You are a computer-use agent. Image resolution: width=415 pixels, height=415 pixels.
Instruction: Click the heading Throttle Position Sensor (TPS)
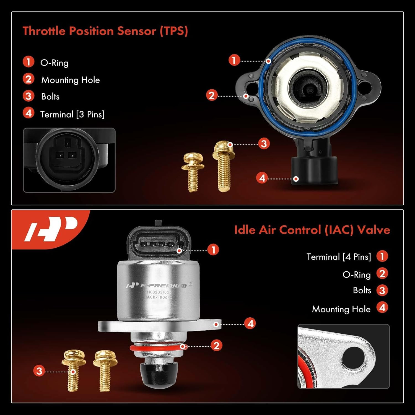pyautogui.click(x=105, y=31)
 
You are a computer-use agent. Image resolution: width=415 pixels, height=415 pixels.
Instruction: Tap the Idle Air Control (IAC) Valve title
pyautogui.click(x=312, y=230)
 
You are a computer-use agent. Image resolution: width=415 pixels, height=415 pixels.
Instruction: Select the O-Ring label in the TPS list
pyautogui.click(x=54, y=63)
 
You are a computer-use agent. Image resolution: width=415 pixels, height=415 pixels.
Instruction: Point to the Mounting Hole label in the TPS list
pyautogui.click(x=70, y=80)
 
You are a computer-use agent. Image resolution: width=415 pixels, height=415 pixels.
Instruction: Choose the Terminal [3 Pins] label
pyautogui.click(x=72, y=114)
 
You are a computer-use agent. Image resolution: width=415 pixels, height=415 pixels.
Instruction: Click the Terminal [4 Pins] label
pyautogui.click(x=339, y=257)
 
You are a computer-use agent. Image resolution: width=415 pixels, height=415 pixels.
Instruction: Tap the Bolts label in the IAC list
pyautogui.click(x=362, y=290)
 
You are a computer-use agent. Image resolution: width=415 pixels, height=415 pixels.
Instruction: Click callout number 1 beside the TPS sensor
pyautogui.click(x=234, y=60)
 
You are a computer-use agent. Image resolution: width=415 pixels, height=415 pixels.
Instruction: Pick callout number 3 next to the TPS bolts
pyautogui.click(x=264, y=144)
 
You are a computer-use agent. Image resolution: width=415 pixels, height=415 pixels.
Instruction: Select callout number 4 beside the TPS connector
pyautogui.click(x=262, y=178)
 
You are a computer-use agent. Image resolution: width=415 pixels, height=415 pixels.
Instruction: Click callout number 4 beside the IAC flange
pyautogui.click(x=250, y=323)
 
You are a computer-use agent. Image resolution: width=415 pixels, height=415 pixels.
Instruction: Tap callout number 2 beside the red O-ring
pyautogui.click(x=216, y=346)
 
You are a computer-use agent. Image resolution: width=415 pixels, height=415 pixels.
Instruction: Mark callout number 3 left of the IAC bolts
pyautogui.click(x=39, y=371)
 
